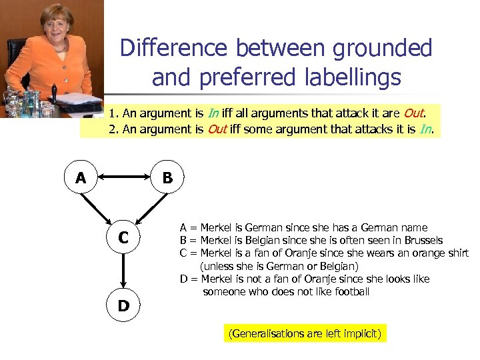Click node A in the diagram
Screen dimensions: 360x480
pos(81,178)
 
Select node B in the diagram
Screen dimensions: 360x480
pos(167,178)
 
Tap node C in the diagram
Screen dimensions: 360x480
pos(124,237)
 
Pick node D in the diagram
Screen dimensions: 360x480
pos(124,307)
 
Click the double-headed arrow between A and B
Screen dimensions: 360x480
pos(124,178)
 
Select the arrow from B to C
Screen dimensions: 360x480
pos(148,206)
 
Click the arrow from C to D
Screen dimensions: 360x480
pos(124,272)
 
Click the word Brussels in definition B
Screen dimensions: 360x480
pos(421,240)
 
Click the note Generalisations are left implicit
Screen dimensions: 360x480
pos(305,333)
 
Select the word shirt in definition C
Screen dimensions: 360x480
pos(456,253)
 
